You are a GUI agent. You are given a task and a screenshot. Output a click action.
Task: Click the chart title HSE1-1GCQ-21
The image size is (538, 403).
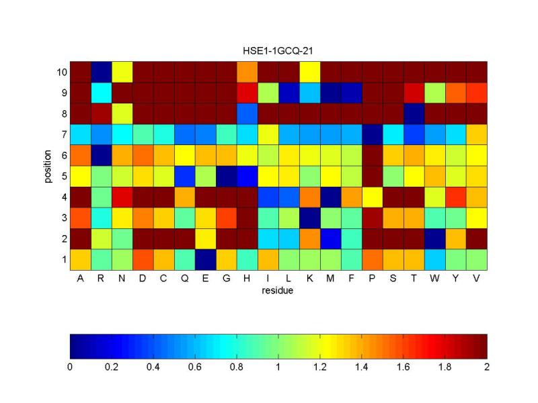click(278, 52)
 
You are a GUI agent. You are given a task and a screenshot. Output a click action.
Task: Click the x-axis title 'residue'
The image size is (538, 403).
click(278, 289)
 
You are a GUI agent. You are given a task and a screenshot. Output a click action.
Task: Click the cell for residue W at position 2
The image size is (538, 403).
click(434, 238)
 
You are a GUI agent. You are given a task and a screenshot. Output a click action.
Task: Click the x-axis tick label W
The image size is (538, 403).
click(434, 278)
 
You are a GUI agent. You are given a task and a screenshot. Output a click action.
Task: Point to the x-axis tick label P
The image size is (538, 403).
click(372, 278)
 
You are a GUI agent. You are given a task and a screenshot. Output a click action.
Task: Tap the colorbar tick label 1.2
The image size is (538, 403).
click(319, 367)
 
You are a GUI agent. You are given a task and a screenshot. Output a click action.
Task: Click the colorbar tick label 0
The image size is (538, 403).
click(70, 367)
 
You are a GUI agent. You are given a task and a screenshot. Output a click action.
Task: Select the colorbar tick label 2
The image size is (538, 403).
click(487, 367)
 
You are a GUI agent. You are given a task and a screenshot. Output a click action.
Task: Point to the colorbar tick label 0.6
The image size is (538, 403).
click(194, 367)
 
